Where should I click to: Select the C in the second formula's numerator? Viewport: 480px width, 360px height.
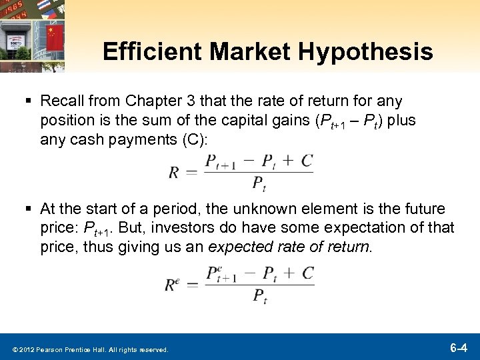click(x=307, y=273)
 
